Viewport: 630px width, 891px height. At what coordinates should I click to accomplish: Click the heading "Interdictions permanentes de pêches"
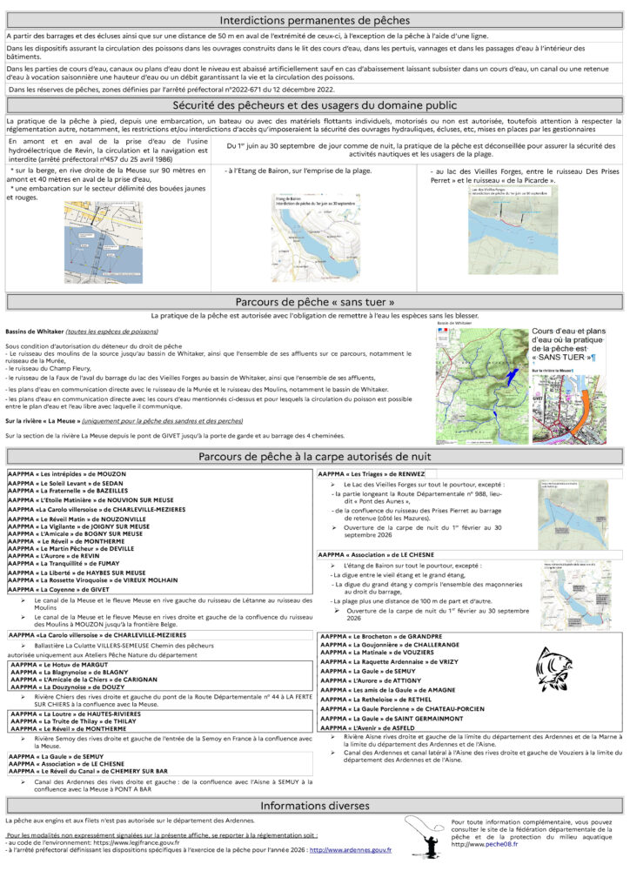point(314,20)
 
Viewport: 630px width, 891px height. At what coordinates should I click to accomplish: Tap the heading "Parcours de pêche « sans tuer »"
point(314,302)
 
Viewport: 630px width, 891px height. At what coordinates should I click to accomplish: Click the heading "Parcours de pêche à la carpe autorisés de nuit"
point(314,457)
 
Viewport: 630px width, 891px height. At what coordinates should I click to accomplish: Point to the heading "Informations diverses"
point(314,805)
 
